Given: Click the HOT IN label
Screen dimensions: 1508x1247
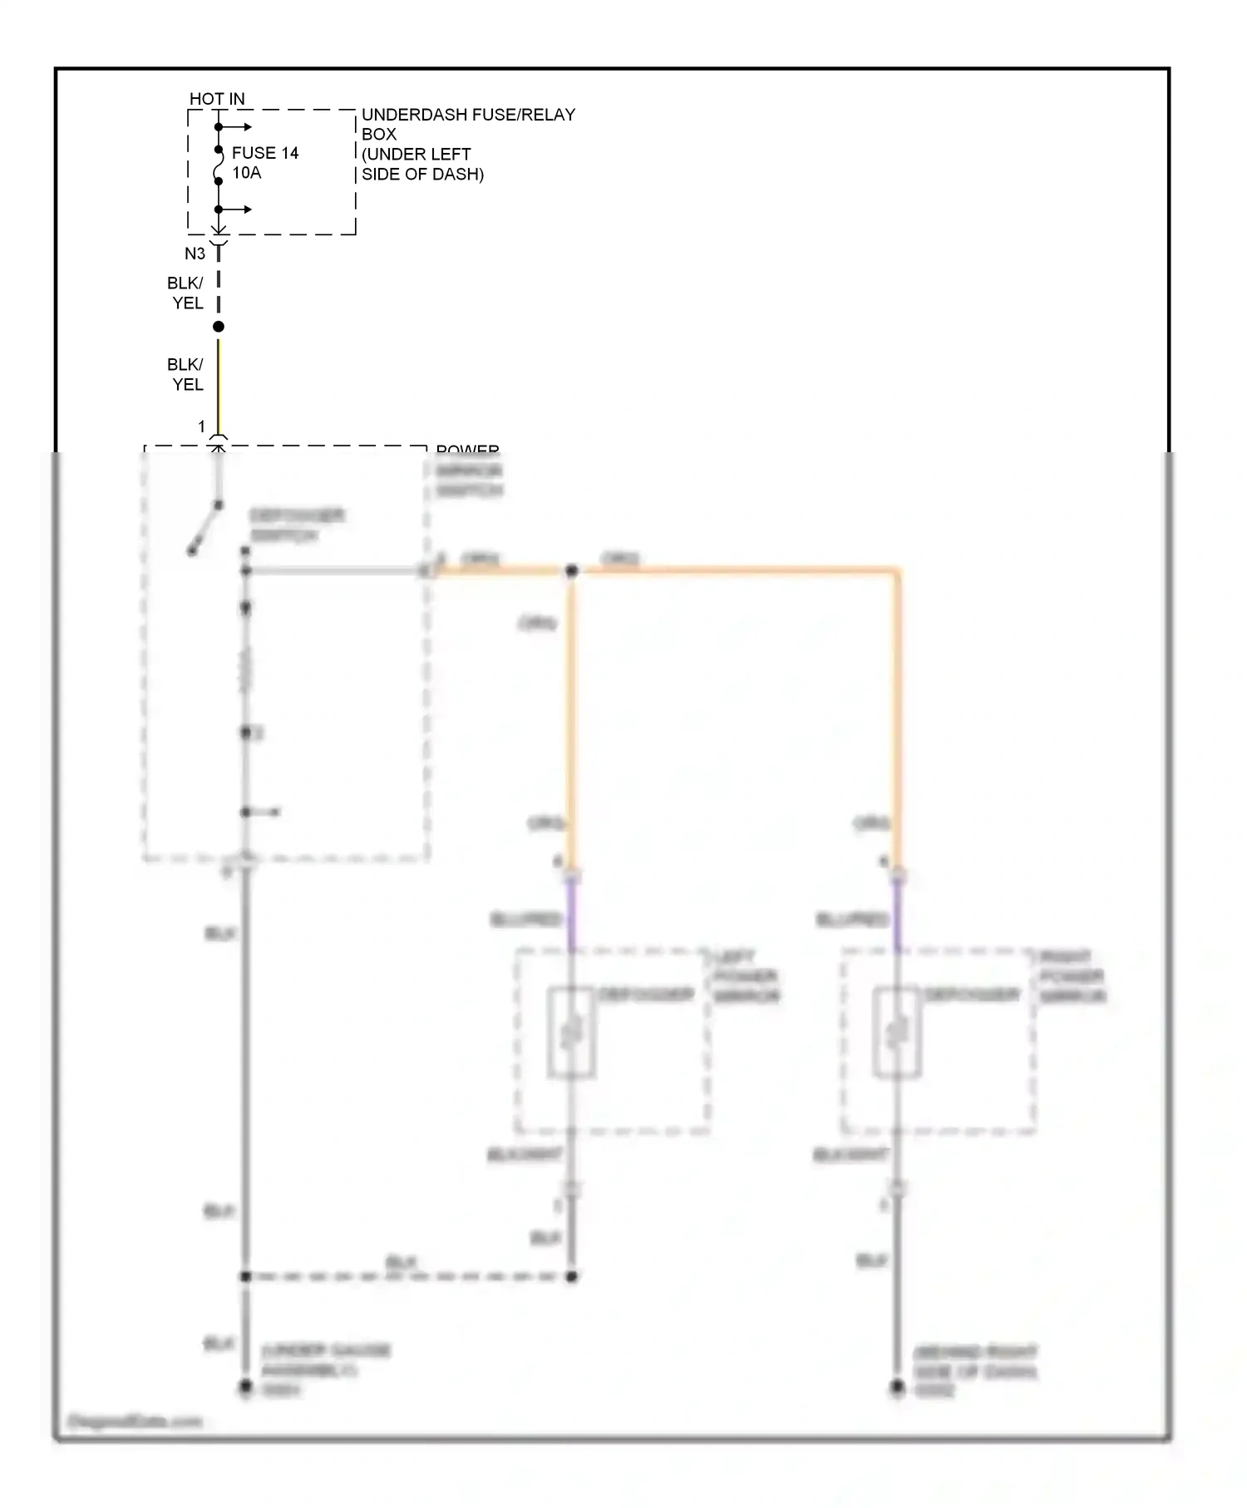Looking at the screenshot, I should click(x=217, y=99).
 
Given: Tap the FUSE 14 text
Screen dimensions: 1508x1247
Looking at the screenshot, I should click(x=264, y=153).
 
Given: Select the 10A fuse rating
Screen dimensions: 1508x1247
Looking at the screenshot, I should click(x=246, y=173).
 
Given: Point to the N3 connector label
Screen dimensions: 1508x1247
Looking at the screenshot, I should click(x=195, y=254).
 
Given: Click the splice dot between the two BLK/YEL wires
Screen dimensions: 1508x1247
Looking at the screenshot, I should click(x=219, y=327).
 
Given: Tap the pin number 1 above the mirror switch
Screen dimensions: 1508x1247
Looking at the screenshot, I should click(x=201, y=426).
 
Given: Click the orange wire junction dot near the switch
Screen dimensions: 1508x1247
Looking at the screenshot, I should click(x=572, y=571).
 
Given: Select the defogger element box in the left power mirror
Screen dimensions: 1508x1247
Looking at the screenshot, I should click(x=571, y=1032).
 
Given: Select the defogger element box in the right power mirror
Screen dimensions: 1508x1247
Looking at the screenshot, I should click(x=897, y=1032).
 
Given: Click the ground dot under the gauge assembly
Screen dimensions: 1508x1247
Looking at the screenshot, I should click(x=245, y=1387).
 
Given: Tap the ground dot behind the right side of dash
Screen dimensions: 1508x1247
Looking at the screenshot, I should click(x=897, y=1387).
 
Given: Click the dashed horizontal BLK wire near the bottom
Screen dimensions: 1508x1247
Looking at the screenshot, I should click(x=407, y=1276).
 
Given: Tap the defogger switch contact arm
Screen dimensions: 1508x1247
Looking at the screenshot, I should click(x=205, y=528).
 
